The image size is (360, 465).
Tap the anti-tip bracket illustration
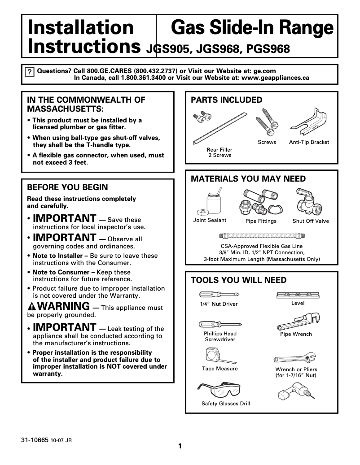click(x=309, y=126)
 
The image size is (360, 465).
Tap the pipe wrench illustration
click(x=296, y=320)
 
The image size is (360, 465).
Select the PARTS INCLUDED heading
click(x=227, y=100)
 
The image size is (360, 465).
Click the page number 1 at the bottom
click(x=180, y=446)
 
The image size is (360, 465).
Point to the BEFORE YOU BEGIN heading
click(x=67, y=187)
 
